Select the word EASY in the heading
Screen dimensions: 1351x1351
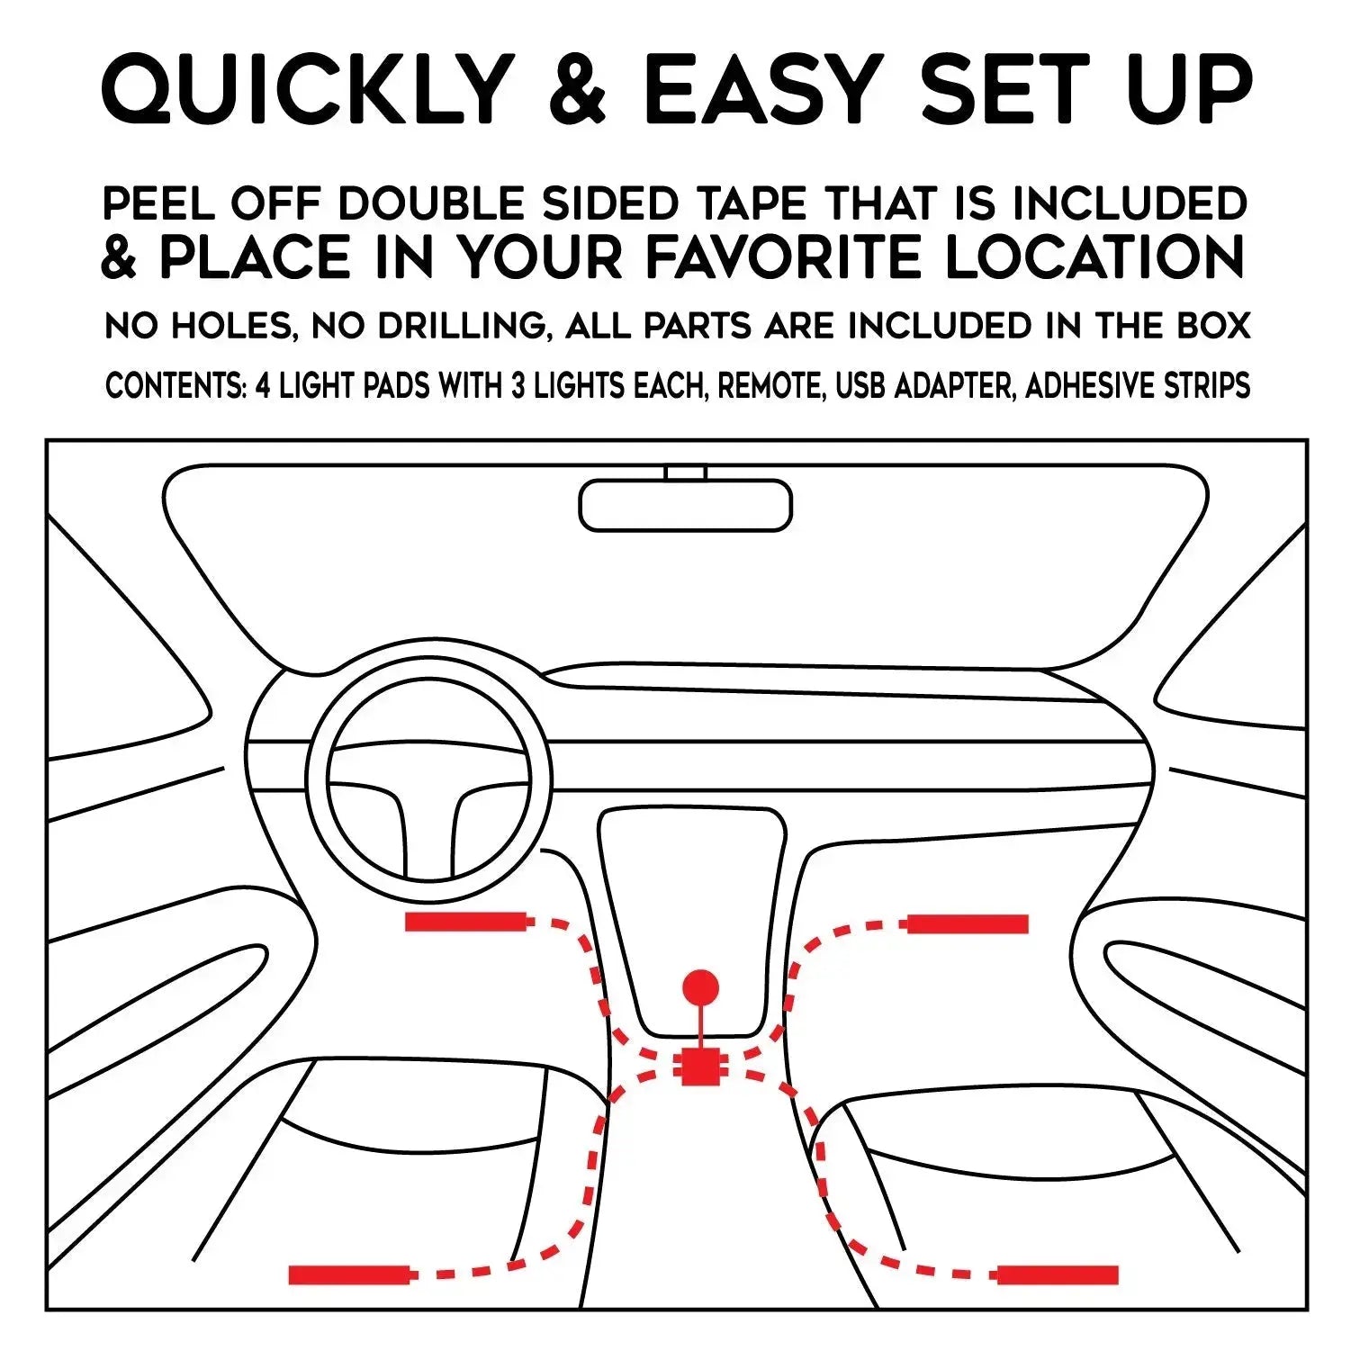763,89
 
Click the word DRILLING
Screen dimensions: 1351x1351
464,326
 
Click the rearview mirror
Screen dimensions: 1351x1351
686,505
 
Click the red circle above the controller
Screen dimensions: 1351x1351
701,987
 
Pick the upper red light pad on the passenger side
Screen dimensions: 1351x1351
968,923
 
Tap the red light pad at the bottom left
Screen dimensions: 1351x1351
352,1274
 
